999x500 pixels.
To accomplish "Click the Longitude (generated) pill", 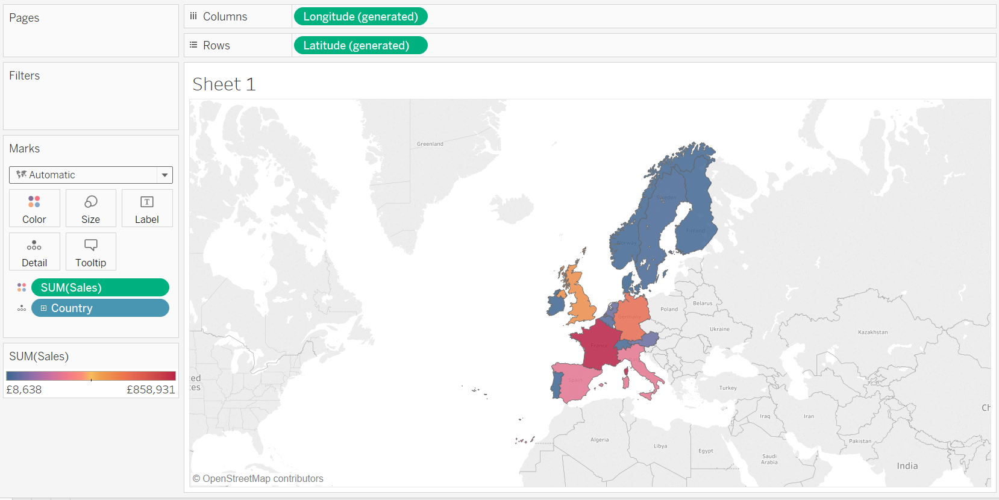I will click(360, 17).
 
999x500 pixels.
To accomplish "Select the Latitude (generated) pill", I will click(360, 46).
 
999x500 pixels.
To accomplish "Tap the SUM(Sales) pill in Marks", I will click(100, 288).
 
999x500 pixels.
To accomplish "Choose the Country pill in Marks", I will click(100, 308).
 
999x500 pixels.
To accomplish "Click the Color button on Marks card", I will click(34, 208).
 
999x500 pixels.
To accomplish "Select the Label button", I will click(147, 208).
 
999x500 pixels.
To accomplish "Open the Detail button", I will click(34, 252).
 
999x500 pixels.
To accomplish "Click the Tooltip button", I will click(90, 252).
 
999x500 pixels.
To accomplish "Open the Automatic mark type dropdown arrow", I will click(164, 175).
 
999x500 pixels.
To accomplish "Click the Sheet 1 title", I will click(224, 84).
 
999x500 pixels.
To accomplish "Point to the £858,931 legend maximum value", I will click(151, 390).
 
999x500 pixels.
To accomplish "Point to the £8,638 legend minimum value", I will click(24, 390).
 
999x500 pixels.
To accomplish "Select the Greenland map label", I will click(430, 144).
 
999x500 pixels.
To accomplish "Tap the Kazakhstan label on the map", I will click(872, 333).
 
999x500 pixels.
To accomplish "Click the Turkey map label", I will click(728, 388).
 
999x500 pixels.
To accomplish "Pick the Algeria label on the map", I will click(600, 440).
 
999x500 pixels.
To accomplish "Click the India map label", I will click(907, 466).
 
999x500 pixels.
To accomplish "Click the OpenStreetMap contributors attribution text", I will click(258, 479).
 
